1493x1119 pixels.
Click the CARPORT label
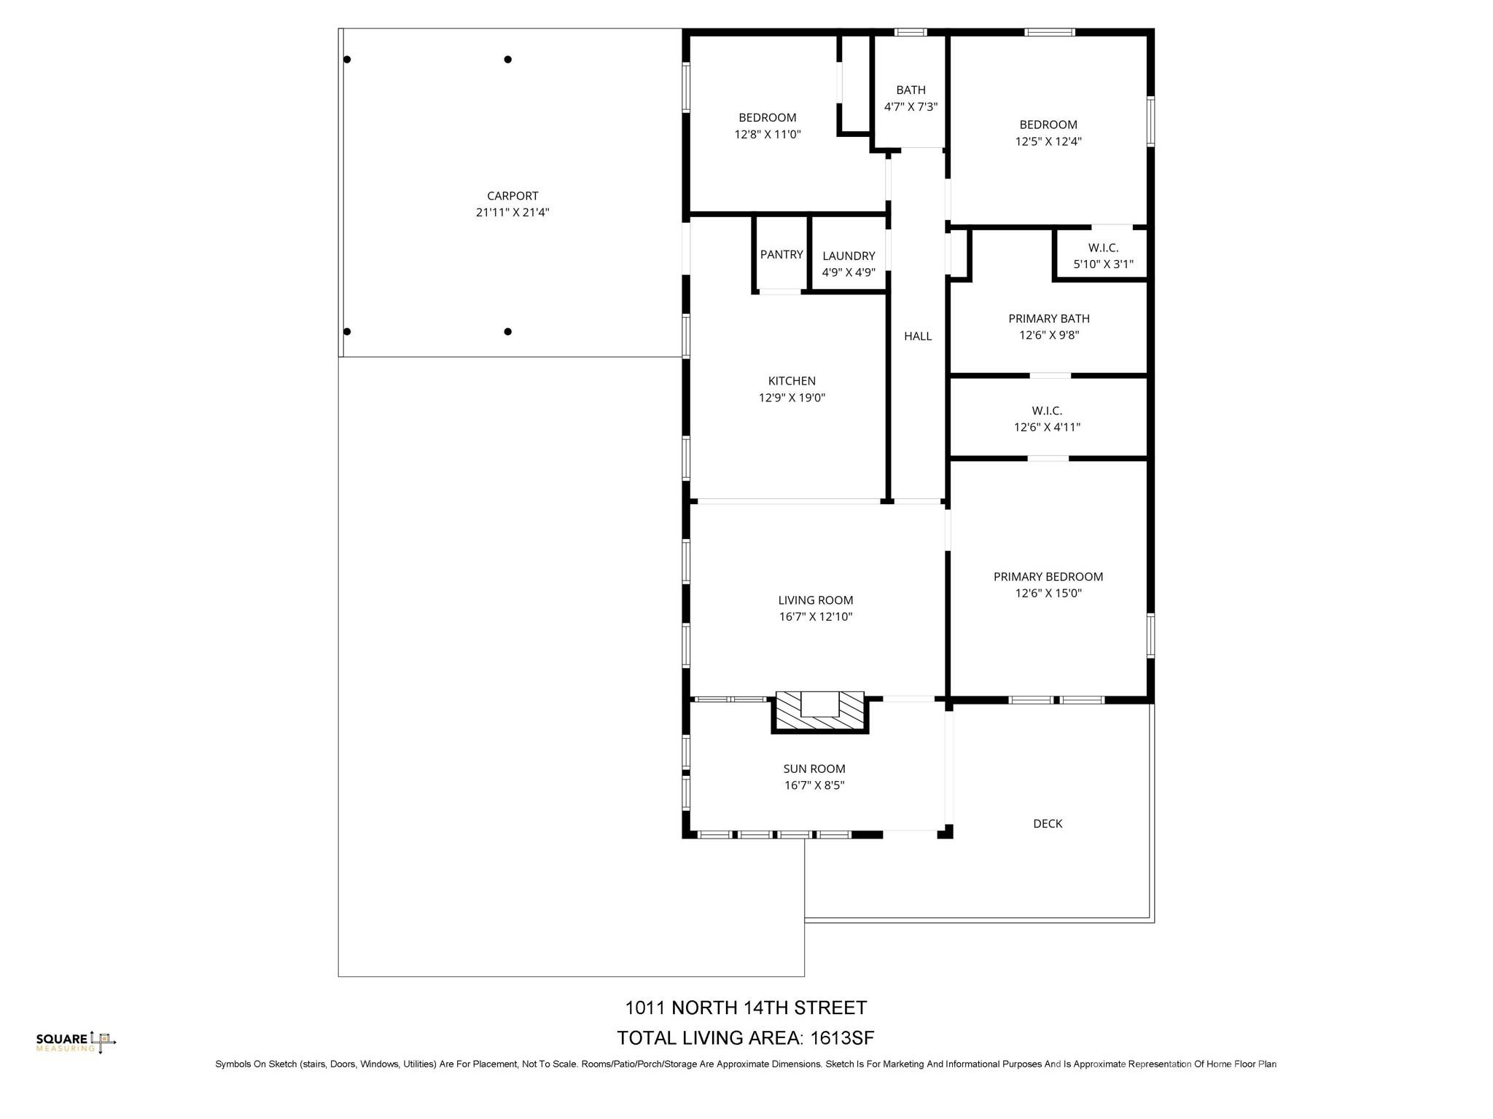click(512, 196)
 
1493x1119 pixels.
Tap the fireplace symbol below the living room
click(820, 711)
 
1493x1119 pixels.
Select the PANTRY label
click(781, 254)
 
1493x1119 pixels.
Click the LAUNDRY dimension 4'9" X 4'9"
click(849, 272)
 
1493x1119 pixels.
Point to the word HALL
click(918, 336)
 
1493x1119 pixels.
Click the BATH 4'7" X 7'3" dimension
click(911, 106)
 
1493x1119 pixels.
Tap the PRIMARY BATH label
click(1049, 318)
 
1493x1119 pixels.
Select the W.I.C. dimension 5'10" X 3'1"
click(1103, 264)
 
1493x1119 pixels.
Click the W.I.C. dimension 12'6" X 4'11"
click(1047, 428)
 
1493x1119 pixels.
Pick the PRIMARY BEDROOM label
click(1048, 576)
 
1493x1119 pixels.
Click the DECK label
click(1048, 823)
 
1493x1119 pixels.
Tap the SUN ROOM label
click(814, 769)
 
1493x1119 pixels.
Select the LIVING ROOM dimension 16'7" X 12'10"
click(816, 617)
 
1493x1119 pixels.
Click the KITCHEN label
click(792, 381)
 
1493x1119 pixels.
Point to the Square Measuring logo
click(76, 1043)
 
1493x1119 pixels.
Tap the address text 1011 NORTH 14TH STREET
click(746, 1008)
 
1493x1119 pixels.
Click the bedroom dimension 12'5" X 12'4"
click(1048, 141)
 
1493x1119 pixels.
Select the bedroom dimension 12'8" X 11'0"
click(768, 134)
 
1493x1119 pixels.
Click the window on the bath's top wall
click(911, 32)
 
